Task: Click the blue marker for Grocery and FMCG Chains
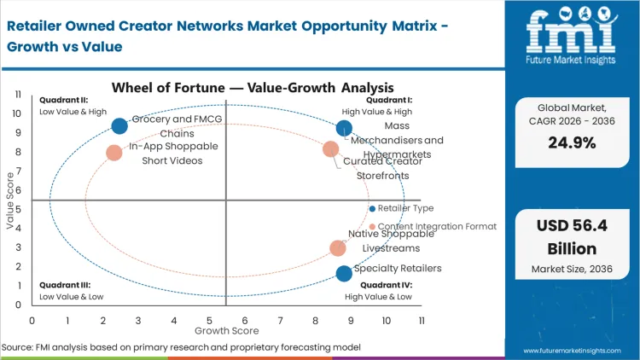coord(119,126)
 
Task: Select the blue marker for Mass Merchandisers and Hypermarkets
coord(344,129)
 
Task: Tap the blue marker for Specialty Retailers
coord(344,274)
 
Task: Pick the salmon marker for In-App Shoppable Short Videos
coord(114,153)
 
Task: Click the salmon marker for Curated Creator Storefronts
coord(330,149)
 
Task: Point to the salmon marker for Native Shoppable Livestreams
coord(338,248)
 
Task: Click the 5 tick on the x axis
coord(209,320)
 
